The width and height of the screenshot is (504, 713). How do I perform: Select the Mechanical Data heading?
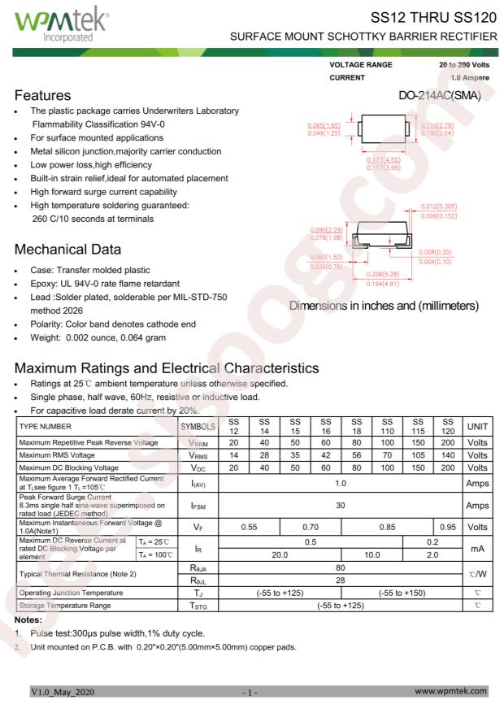(68, 250)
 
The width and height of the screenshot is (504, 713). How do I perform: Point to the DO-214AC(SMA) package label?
(440, 96)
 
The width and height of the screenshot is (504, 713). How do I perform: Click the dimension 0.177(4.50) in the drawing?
(382, 161)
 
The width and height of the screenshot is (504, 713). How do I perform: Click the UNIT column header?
(477, 426)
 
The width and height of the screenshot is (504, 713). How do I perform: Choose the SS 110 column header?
(387, 426)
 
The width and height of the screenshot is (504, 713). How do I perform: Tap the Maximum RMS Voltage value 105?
(418, 456)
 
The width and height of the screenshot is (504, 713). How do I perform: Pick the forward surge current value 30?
(341, 506)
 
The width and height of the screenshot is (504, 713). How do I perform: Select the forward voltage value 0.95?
(447, 528)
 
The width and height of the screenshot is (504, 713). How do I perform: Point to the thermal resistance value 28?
(341, 580)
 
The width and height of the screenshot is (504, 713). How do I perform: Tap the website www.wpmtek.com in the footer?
(450, 691)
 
